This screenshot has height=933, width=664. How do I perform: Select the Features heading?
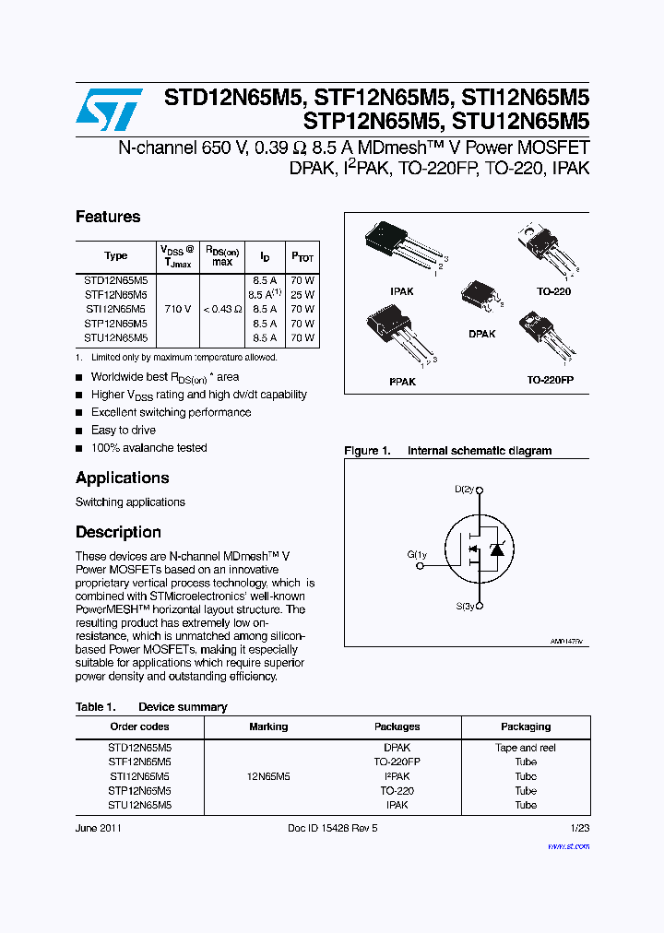tap(108, 217)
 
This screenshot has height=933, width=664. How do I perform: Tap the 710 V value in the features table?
tap(176, 309)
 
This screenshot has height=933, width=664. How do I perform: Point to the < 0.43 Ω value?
tap(221, 309)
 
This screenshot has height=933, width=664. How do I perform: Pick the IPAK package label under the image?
tap(401, 291)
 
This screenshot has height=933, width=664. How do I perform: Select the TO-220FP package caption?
tap(551, 380)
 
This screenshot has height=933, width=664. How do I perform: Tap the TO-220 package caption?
tap(553, 291)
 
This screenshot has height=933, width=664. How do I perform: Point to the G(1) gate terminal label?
tap(417, 555)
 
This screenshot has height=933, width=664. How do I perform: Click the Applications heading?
tap(122, 478)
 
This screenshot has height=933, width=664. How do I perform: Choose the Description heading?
tap(118, 532)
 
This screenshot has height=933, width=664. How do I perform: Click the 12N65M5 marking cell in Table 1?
tap(268, 776)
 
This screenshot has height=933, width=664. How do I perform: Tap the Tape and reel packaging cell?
tap(526, 748)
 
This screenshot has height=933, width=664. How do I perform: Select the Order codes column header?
tap(139, 726)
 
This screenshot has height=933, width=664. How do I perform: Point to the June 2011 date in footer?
tap(98, 828)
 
